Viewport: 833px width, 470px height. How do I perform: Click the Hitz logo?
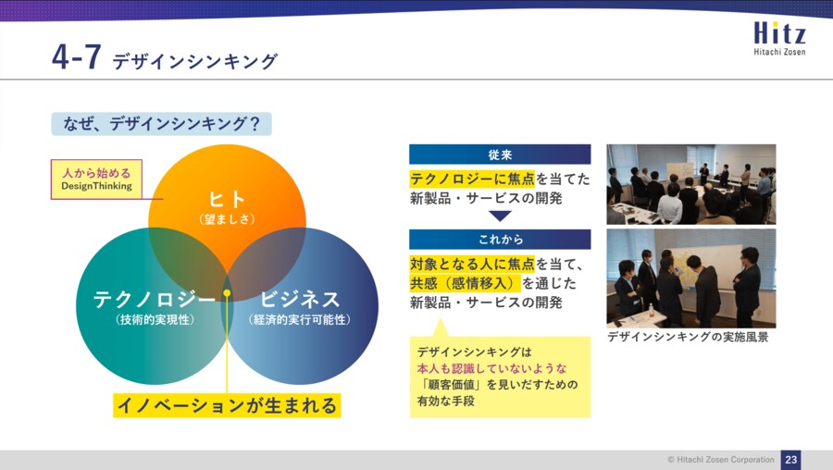point(779,38)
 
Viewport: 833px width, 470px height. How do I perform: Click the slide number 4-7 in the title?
point(77,56)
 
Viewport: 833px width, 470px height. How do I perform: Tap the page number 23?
point(791,460)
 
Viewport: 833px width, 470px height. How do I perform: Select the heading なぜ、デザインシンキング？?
point(161,124)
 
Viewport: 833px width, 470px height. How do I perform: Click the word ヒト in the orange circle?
point(227,199)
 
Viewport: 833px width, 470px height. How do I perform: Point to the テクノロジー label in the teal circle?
point(155,300)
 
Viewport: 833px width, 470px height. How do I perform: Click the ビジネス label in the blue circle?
point(300,300)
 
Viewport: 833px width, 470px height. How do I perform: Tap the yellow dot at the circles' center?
point(227,293)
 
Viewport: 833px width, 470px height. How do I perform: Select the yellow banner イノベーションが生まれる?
point(227,405)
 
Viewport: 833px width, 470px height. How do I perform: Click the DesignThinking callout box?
point(96,179)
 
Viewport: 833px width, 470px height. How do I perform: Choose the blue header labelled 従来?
point(500,155)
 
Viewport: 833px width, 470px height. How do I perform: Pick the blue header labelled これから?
point(500,240)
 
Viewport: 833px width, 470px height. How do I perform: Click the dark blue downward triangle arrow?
point(500,215)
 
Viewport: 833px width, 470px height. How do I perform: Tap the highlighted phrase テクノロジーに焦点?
point(472,179)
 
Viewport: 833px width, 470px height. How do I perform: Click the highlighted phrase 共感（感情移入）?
point(465,283)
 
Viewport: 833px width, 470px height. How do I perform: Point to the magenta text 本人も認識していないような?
point(492,368)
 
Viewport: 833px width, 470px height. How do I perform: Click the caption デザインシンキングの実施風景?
point(688,337)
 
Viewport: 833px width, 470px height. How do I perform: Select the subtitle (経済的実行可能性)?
point(300,320)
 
